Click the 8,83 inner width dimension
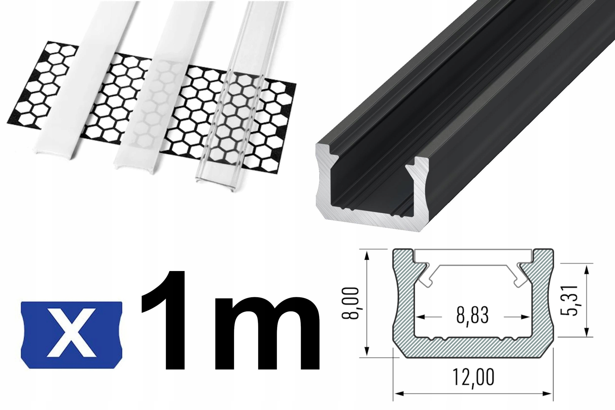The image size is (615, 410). click(x=473, y=316)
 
